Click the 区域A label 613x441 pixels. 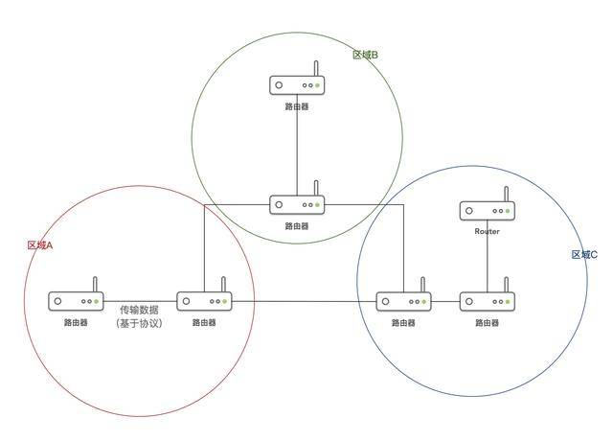(x=40, y=245)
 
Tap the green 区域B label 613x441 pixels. (x=365, y=55)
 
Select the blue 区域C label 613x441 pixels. (x=584, y=255)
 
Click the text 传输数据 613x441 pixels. (x=139, y=310)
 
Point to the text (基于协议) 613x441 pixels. (x=139, y=323)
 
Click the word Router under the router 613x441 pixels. (x=488, y=231)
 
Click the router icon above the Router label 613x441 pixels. (x=488, y=204)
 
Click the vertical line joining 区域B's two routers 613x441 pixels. (x=297, y=145)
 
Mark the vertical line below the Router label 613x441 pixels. (x=488, y=264)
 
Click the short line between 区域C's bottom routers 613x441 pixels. (x=445, y=302)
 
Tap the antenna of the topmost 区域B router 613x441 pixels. (x=316, y=68)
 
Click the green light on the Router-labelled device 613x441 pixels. (x=508, y=211)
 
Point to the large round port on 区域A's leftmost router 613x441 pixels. (x=57, y=301)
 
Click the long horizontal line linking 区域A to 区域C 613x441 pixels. (x=304, y=302)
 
